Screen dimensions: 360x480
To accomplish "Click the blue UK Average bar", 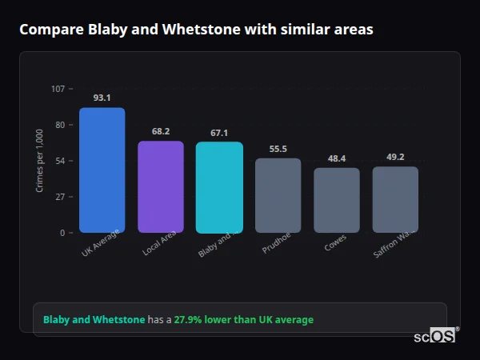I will [102, 170].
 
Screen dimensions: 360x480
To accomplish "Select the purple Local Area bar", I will [161, 187].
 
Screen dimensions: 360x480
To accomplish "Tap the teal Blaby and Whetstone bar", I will [219, 187].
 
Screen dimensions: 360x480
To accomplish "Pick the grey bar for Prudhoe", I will [278, 195].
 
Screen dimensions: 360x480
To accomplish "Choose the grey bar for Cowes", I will [337, 200].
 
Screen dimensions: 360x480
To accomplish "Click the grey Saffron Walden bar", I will [395, 199].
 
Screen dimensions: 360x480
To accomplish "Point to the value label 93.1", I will [102, 98].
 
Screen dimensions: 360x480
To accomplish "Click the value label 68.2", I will [161, 131].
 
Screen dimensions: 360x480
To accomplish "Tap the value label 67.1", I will [219, 133].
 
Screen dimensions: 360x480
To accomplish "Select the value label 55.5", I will [278, 149].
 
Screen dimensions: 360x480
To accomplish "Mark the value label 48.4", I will [337, 158].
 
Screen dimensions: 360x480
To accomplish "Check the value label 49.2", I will [395, 157].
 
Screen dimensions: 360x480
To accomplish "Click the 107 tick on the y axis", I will [58, 89].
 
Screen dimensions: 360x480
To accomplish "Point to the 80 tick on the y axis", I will [60, 125].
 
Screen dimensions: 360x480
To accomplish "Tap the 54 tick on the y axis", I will [60, 161].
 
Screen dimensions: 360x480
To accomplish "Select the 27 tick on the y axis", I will [60, 197].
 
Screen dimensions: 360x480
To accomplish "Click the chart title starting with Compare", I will [196, 30].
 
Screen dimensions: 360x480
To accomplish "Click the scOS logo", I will [434, 337].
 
